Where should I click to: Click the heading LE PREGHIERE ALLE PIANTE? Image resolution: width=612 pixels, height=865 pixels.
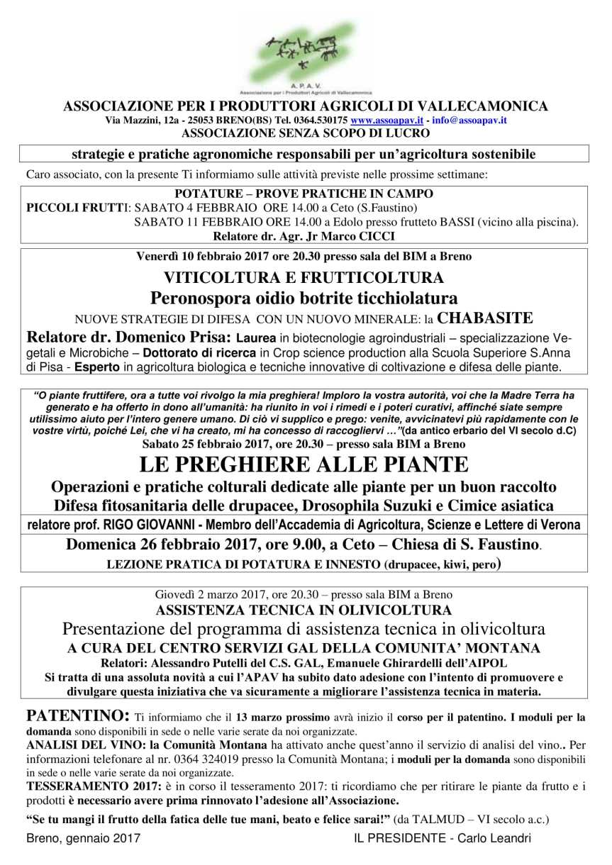coord(305,465)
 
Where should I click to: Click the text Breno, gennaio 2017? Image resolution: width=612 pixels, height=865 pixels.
coord(83,838)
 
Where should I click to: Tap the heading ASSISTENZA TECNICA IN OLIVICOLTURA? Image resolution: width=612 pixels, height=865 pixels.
coord(304,610)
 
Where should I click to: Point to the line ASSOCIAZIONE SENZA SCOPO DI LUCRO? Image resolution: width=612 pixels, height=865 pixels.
coord(306,133)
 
